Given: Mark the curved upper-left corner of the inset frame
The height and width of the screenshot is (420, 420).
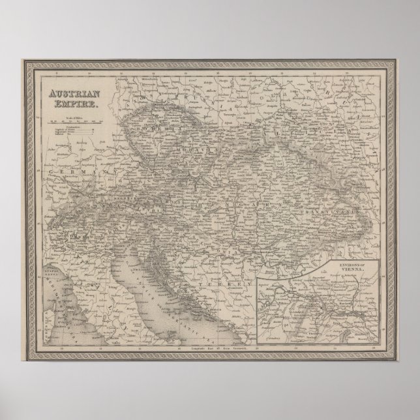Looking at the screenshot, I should [x=258, y=261].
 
